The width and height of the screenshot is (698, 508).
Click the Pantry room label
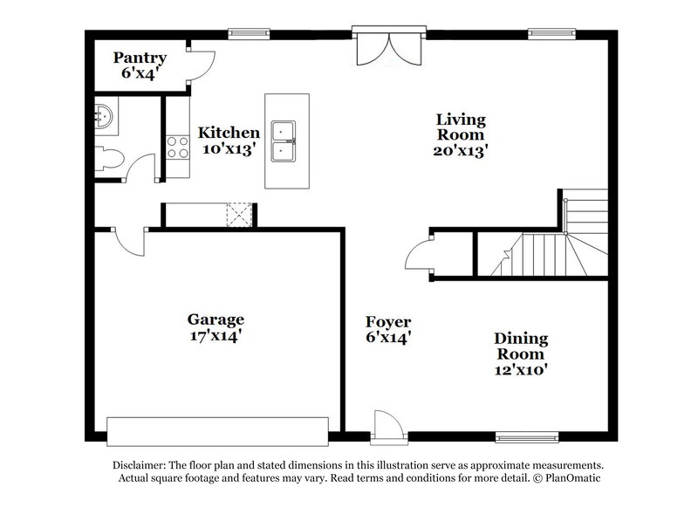[140, 65]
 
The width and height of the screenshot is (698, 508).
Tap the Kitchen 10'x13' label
[229, 141]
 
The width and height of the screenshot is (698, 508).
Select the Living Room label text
[460, 134]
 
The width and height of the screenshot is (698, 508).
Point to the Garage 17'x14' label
[216, 326]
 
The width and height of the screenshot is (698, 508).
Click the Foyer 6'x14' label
[388, 329]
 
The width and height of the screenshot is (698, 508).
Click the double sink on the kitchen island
[286, 141]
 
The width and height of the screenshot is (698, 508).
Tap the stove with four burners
[178, 147]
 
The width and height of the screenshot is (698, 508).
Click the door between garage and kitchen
[130, 241]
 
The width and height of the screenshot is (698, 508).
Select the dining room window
[527, 436]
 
